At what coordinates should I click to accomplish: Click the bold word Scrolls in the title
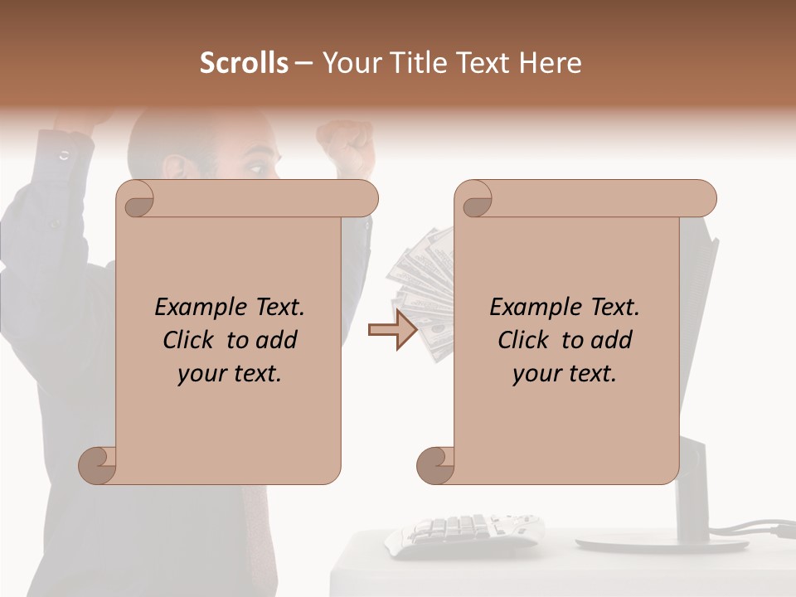click(x=244, y=63)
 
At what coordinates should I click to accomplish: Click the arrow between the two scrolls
click(x=392, y=330)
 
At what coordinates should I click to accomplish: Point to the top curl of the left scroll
click(x=135, y=200)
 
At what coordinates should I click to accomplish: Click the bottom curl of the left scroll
click(x=97, y=465)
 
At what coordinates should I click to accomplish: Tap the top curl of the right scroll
click(x=474, y=200)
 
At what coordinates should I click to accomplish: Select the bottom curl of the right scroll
click(x=435, y=465)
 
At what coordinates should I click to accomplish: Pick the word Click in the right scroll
click(x=523, y=340)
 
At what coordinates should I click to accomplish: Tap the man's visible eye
click(x=258, y=169)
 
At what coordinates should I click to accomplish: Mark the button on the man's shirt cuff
click(x=63, y=154)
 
